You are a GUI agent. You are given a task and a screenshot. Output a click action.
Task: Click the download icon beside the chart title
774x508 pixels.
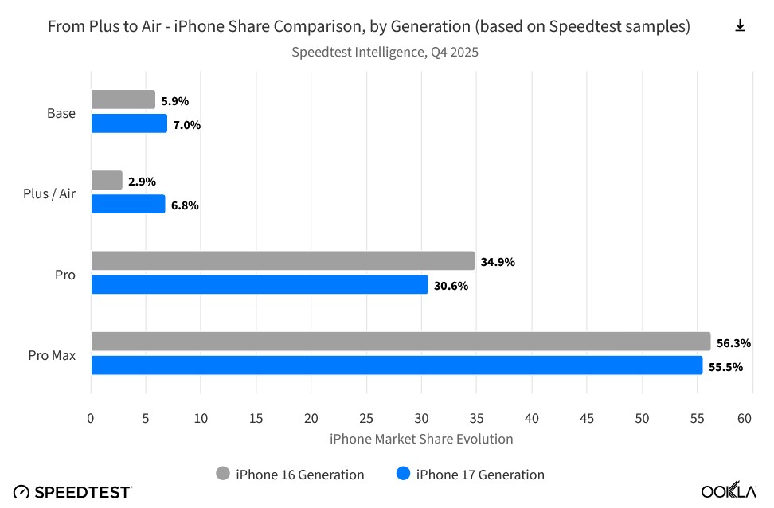740,26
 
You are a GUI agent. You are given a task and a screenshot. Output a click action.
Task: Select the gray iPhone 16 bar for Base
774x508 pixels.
123,100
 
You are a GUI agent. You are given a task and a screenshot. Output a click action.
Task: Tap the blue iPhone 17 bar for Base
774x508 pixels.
129,123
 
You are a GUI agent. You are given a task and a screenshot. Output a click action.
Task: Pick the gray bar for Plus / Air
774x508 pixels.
107,180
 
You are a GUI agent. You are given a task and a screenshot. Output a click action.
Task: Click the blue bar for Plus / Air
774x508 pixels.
128,204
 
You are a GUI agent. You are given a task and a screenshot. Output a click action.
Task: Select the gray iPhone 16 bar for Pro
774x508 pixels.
283,261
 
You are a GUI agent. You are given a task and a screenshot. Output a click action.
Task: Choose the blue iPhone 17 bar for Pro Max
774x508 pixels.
397,365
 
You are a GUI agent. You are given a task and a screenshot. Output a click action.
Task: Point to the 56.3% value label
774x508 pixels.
733,343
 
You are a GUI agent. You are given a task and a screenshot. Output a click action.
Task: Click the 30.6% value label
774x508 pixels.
451,286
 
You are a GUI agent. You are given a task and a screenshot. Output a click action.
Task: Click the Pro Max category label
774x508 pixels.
52,355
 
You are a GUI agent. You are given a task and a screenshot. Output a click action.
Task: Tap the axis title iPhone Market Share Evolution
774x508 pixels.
420,439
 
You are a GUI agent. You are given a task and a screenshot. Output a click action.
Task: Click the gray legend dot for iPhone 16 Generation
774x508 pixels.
224,474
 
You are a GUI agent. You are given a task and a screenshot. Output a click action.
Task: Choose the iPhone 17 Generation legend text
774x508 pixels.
480,475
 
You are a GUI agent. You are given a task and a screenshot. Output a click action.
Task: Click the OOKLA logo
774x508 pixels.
729,491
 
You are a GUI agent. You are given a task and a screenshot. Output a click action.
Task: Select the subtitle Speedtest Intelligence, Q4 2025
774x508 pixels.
385,53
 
